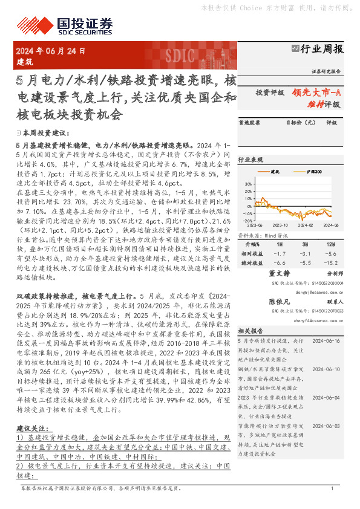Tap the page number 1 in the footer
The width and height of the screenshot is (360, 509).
pos(332,488)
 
